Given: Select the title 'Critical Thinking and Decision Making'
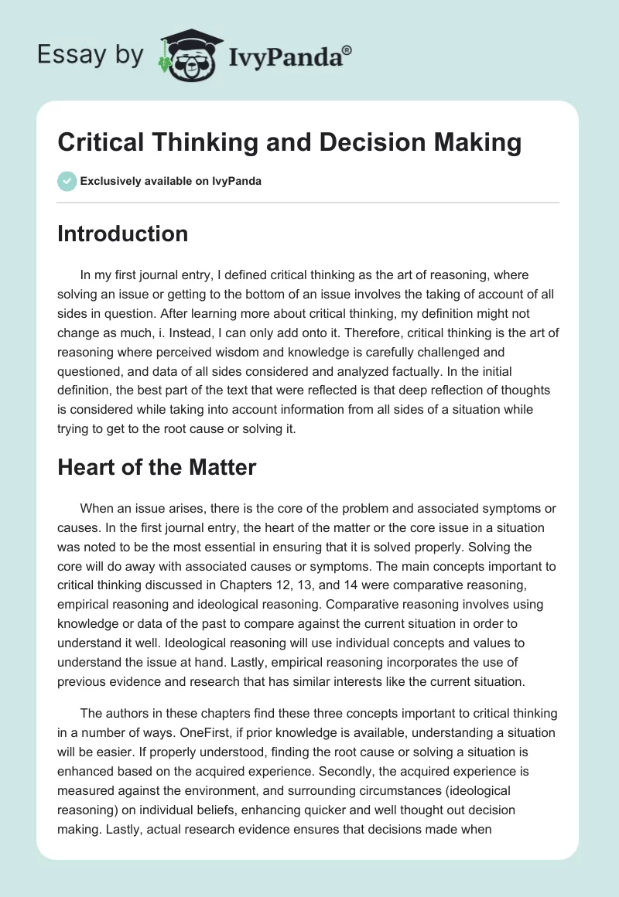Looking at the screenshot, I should point(289,143).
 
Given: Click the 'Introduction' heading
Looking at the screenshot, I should point(122,234).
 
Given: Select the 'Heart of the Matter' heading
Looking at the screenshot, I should point(156,466).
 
